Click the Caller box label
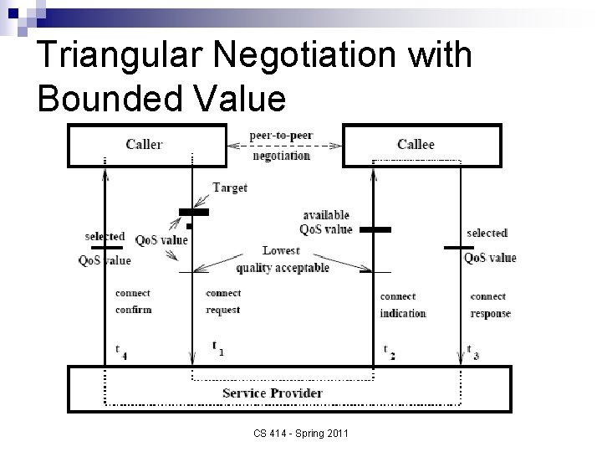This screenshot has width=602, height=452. coord(144,145)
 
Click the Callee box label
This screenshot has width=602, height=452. coord(416,145)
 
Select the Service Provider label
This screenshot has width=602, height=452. coord(273,393)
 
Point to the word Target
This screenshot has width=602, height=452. coord(229,188)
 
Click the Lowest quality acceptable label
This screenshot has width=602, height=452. coord(282,259)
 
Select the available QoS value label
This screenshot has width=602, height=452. coord(325,223)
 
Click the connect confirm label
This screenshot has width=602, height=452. coord(133,301)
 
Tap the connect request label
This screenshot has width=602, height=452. coord(223,301)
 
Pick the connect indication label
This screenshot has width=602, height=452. coord(403,305)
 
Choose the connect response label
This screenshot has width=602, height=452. coord(490,305)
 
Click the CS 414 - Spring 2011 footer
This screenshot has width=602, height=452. coord(301,433)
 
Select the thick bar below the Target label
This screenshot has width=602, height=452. coord(193,213)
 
